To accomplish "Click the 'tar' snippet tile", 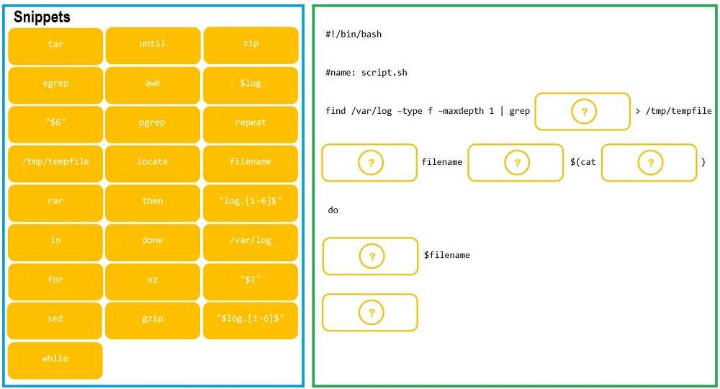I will (55, 45).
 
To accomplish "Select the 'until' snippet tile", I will (153, 45).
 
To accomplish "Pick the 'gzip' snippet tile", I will (153, 319).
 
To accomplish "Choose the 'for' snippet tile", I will (55, 280).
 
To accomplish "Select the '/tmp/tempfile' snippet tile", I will (55, 162).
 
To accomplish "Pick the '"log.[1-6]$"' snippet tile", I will (250, 202).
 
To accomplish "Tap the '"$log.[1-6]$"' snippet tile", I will (250, 319).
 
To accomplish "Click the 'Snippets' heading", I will (42, 17).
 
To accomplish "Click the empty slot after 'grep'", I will (582, 112).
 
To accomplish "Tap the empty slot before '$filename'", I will (370, 256).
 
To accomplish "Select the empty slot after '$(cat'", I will (649, 163).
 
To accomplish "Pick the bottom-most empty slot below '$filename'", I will (370, 313).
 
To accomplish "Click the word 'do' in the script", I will (333, 210).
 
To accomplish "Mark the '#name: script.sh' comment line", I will (366, 73).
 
